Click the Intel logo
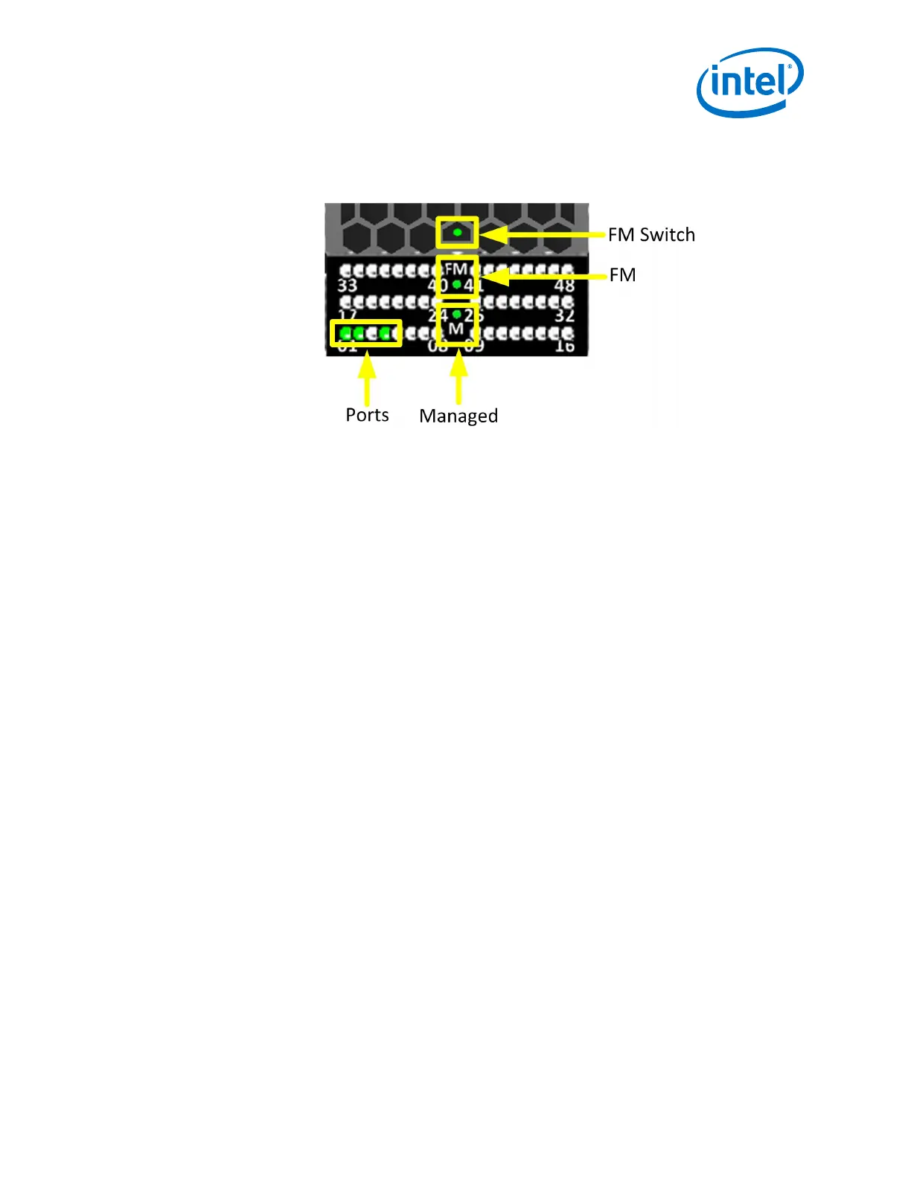749,82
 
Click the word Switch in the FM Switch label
667,235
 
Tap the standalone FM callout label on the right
622,275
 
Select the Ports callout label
367,415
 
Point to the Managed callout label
458,416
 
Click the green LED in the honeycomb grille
457,233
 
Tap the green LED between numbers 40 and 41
456,284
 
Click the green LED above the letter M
456,315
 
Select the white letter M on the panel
456,329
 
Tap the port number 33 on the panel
348,286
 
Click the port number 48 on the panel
564,286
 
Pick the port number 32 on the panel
564,315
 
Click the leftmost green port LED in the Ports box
345,333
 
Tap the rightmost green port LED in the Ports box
385,333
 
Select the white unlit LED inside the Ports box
371,333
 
